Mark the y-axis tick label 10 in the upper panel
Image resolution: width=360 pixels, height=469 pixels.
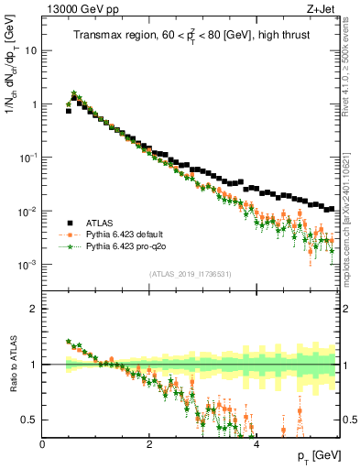(x=31, y=50)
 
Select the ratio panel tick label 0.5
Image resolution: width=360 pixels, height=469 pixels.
(x=30, y=420)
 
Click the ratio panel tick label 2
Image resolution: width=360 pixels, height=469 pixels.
(x=35, y=309)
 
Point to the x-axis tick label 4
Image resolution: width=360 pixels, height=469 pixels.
(x=256, y=444)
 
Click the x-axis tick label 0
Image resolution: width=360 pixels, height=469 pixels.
(x=42, y=444)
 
